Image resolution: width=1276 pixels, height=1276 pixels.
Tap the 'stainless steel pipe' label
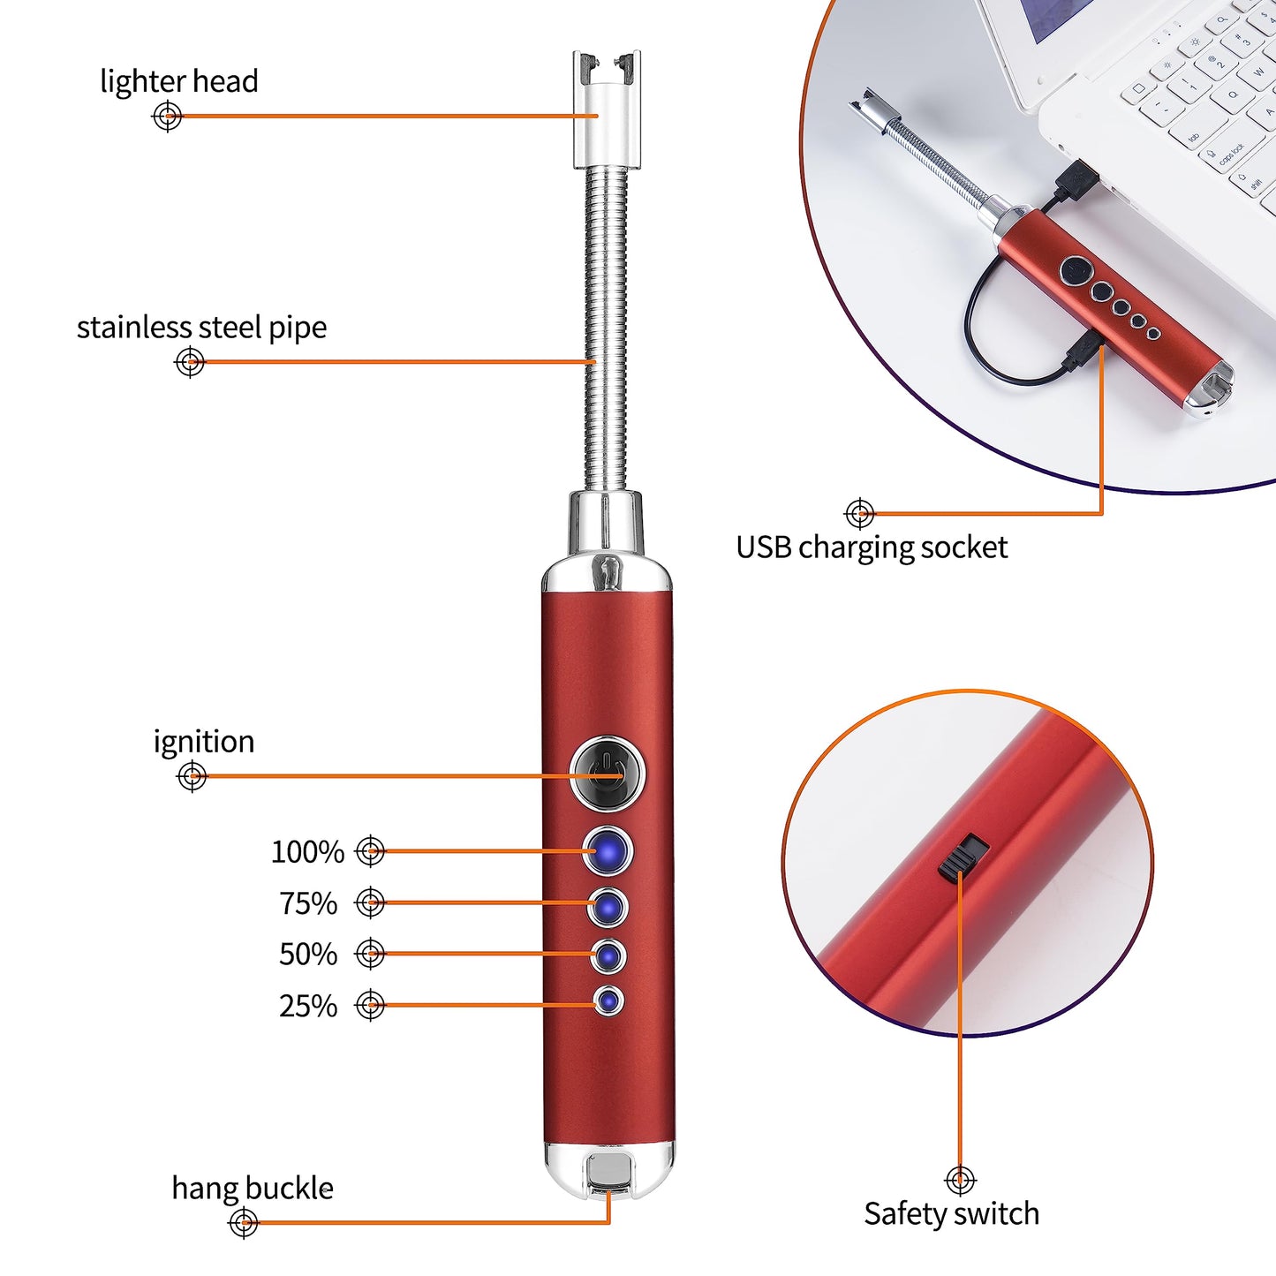tap(202, 328)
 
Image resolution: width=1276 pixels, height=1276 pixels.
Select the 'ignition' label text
tap(204, 742)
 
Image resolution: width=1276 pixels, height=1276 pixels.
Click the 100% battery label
tap(308, 851)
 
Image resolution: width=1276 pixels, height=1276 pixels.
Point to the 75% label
tap(308, 903)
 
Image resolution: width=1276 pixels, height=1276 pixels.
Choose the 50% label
tap(308, 955)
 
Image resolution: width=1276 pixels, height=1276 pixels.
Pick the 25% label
tap(308, 1006)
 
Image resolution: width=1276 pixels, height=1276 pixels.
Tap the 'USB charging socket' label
tap(872, 547)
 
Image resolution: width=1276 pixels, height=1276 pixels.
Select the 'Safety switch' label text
tap(952, 1214)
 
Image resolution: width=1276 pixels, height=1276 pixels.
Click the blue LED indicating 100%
tap(608, 851)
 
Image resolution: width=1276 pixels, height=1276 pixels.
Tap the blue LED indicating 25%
tap(608, 1001)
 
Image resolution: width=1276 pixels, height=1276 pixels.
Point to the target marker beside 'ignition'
tap(192, 776)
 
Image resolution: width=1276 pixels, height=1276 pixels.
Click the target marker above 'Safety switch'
tap(960, 1180)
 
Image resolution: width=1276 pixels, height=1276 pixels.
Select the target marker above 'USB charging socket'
tap(860, 513)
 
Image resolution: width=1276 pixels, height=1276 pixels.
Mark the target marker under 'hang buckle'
tap(243, 1222)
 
